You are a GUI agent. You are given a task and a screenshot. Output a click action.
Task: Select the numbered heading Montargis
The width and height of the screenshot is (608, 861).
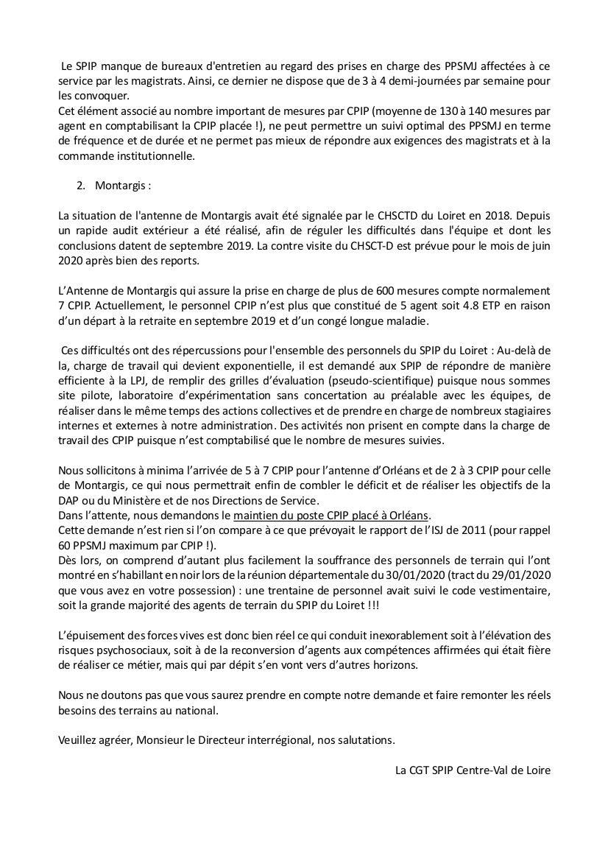pos(121,186)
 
